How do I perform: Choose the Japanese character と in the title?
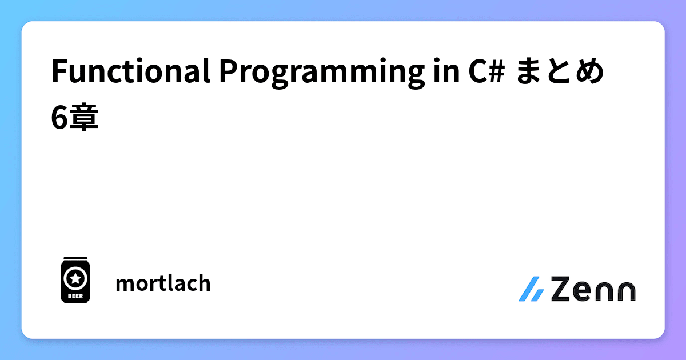560,73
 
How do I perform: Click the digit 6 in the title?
58,118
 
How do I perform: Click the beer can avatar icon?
74,280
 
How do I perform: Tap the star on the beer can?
74,278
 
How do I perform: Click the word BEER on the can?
74,296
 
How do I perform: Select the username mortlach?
163,283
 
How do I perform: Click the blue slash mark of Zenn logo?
531,289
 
